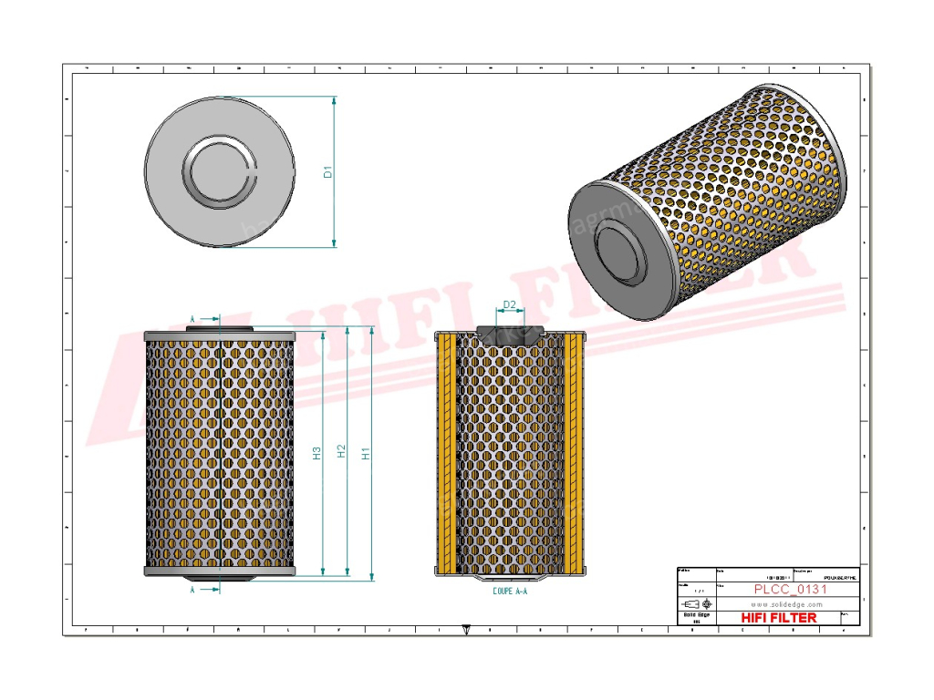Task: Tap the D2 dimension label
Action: (x=510, y=304)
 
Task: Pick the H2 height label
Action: (x=341, y=452)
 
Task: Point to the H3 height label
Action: (x=317, y=452)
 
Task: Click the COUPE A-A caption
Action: (x=508, y=592)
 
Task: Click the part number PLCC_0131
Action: (x=790, y=589)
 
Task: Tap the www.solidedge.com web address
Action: (x=790, y=603)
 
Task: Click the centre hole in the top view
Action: (x=219, y=171)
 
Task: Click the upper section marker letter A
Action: (x=192, y=318)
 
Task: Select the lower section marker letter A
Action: (x=192, y=590)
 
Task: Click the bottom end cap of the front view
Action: (x=219, y=571)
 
